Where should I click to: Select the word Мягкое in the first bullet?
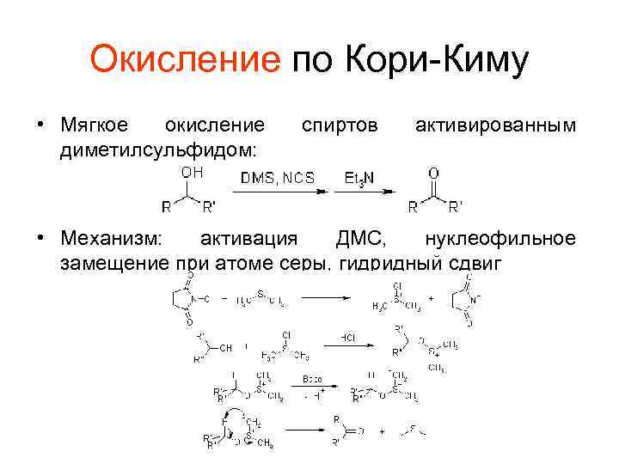[95, 126]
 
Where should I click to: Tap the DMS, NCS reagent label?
[277, 178]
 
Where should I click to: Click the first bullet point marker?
[40, 126]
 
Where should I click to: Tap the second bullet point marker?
[40, 237]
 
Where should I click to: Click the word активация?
[249, 237]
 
